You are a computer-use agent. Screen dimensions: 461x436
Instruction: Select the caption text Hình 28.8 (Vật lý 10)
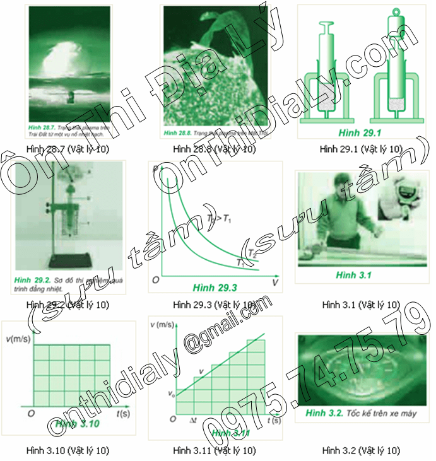(x=215, y=149)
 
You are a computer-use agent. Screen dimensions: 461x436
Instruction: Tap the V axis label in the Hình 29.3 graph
(x=275, y=283)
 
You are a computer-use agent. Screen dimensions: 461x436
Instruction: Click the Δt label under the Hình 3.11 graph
(x=194, y=420)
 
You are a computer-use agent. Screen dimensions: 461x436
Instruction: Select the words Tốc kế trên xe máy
(x=381, y=414)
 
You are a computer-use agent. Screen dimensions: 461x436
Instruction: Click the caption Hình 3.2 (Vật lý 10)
(x=360, y=450)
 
